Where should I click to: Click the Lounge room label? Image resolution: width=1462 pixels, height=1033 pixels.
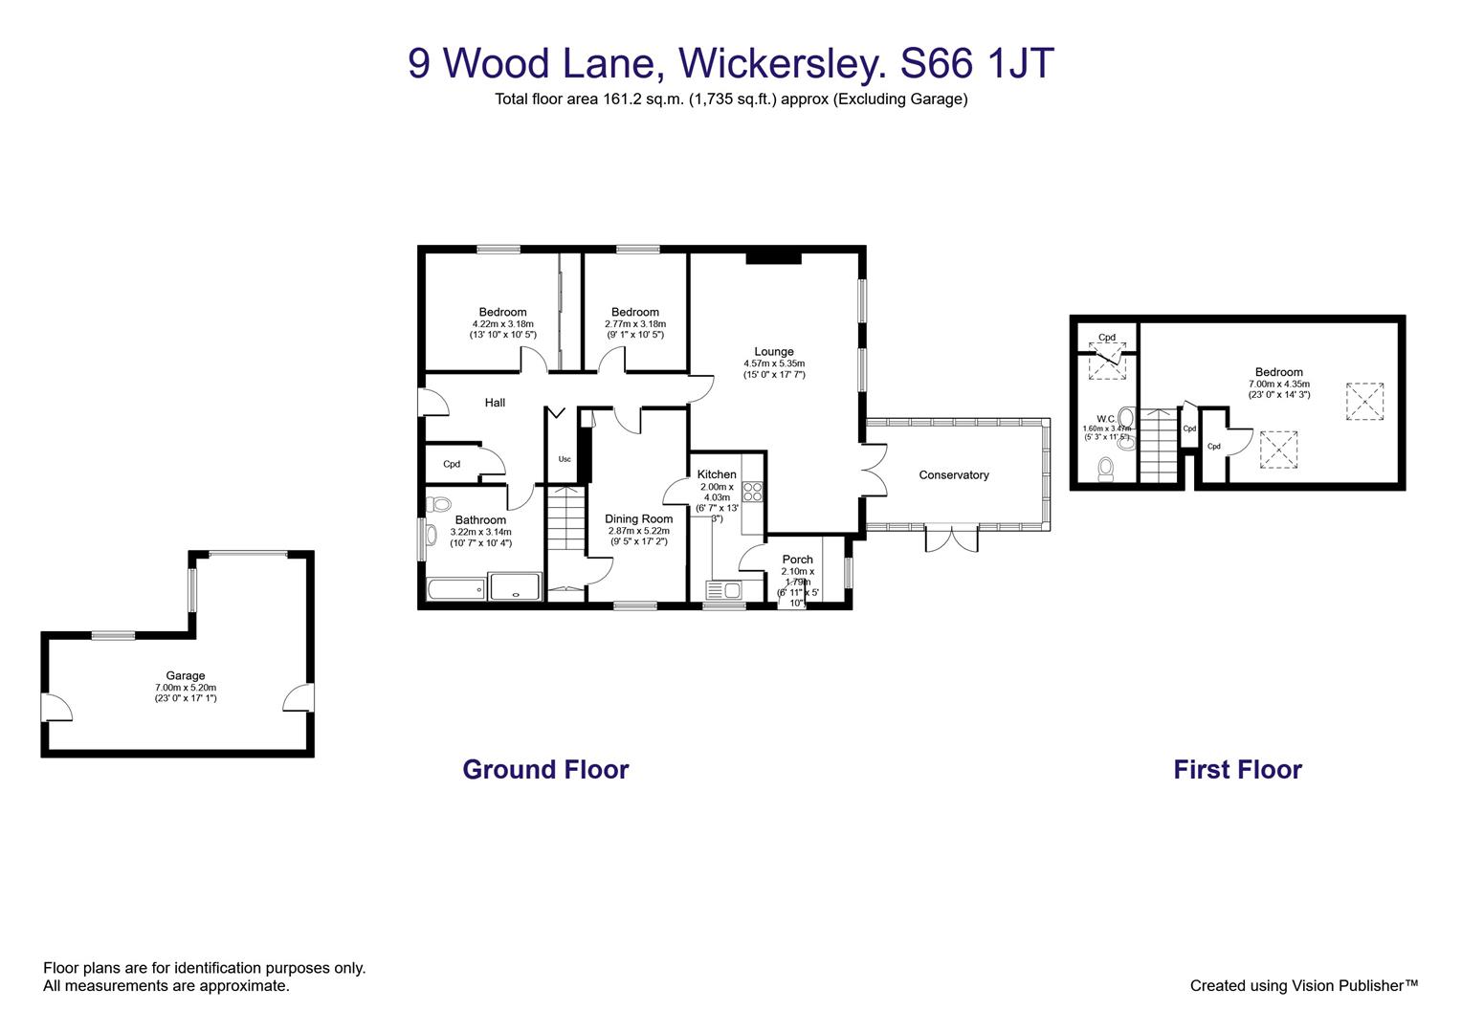773,352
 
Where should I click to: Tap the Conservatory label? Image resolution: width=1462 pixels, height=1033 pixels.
953,475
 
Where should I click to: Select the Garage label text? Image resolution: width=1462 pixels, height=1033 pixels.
186,676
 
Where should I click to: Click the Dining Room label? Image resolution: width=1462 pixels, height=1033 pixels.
638,519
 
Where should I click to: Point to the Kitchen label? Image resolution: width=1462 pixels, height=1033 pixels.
717,474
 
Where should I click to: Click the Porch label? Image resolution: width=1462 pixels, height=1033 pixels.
797,560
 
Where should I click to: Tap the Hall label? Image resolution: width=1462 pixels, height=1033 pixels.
495,403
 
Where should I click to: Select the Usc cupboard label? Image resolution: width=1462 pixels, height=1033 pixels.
565,459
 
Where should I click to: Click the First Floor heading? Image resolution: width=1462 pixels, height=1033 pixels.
1237,770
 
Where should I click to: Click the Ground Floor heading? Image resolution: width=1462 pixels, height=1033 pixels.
545,770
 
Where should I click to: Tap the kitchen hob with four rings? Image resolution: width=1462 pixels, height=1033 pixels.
753,492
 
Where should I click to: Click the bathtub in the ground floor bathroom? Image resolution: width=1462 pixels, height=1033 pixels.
454,589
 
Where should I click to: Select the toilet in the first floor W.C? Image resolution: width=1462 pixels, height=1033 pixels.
1106,469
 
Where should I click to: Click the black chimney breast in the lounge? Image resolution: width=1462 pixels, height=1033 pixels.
773,255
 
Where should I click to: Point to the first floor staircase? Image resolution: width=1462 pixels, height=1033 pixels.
1157,444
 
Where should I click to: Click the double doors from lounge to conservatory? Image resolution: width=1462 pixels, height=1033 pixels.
873,470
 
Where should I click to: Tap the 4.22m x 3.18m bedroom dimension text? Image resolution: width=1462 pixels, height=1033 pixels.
502,324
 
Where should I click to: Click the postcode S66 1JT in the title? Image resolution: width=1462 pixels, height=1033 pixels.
977,64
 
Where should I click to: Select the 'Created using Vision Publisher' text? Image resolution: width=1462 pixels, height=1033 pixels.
1303,985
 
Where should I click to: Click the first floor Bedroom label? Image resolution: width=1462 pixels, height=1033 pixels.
1278,373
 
